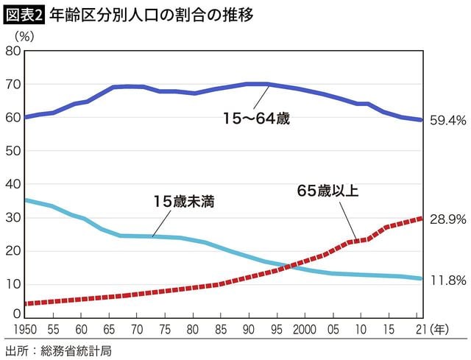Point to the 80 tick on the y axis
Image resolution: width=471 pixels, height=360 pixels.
click(13, 51)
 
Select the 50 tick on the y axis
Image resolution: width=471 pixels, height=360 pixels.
click(13, 151)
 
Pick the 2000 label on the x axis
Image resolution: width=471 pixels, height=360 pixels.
click(305, 329)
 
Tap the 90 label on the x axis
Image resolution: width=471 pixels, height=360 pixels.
click(249, 329)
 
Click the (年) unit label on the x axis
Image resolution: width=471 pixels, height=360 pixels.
click(439, 329)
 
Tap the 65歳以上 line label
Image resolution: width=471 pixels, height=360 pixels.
click(327, 191)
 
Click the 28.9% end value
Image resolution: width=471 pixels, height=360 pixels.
click(447, 219)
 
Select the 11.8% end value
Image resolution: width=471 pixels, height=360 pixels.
click(447, 280)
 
